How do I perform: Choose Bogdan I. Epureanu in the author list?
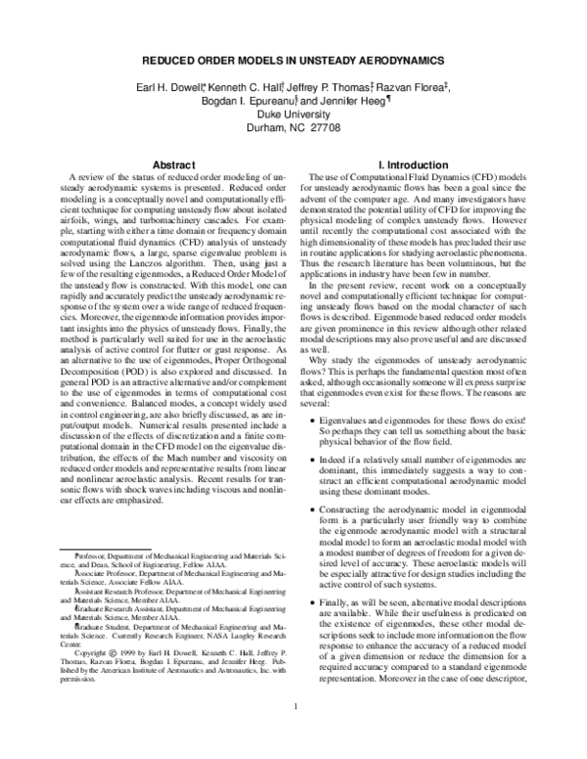[x=249, y=102]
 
